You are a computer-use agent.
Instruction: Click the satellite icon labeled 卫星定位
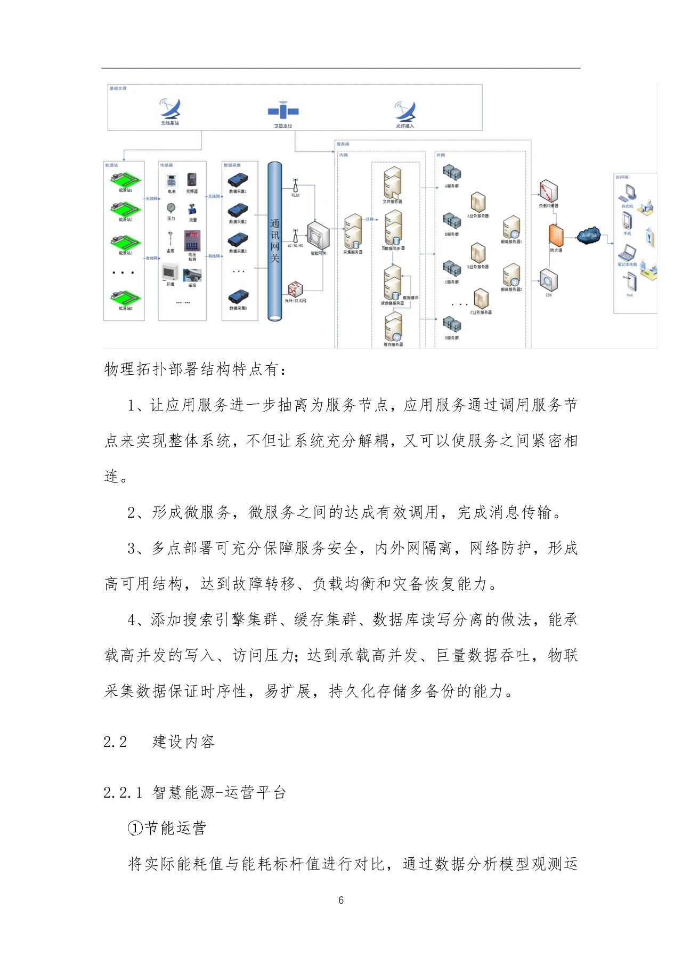[x=283, y=111]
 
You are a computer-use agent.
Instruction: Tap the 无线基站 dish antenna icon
[x=170, y=109]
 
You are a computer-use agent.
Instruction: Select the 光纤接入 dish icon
[x=405, y=111]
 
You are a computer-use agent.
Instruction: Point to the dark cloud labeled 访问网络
[x=588, y=235]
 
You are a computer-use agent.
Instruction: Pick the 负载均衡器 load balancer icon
[x=548, y=191]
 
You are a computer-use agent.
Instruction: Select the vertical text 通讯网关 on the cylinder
[x=275, y=240]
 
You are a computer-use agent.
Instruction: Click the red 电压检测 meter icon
[x=192, y=241]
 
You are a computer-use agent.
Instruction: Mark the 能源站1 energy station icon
[x=125, y=179]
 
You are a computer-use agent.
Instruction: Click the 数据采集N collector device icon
[x=238, y=297]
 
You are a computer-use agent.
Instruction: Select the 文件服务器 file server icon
[x=392, y=183]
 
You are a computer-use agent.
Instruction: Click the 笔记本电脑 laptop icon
[x=627, y=253]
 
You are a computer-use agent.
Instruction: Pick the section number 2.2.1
[x=123, y=793]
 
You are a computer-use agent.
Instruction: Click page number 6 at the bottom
[x=341, y=900]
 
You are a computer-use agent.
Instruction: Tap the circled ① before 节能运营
[x=136, y=828]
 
